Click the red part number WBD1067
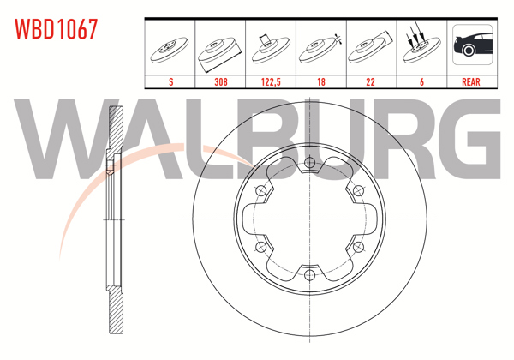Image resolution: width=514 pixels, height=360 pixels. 56,29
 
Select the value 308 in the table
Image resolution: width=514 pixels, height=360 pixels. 221,81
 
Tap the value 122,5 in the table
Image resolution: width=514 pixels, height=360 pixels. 271,81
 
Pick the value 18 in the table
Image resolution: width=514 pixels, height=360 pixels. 321,81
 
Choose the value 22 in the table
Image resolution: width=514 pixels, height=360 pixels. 370,81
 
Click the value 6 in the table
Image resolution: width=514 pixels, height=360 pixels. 421,81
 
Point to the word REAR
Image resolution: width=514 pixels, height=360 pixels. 470,81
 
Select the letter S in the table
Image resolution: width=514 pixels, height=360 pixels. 170,81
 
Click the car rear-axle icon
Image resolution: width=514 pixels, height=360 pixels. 472,45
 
